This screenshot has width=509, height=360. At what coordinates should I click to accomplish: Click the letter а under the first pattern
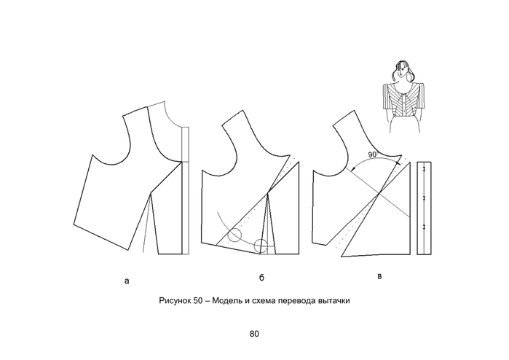(x=127, y=281)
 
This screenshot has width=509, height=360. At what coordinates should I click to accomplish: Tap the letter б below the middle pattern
(x=261, y=278)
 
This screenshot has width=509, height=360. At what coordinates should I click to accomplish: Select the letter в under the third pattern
(x=379, y=276)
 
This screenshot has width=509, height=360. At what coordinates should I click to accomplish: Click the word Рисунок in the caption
(x=175, y=300)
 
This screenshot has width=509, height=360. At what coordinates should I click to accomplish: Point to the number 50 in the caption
(x=198, y=300)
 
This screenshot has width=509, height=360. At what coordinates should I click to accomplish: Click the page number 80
(x=254, y=334)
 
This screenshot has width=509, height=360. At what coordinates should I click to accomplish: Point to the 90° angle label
(x=372, y=154)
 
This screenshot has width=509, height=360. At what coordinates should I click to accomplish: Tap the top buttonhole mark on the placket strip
(x=424, y=169)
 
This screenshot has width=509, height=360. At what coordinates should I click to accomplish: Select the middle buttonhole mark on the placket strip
(x=424, y=198)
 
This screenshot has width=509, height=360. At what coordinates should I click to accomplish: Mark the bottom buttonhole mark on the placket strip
(x=424, y=227)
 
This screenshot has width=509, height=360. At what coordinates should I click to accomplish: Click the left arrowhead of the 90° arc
(x=353, y=168)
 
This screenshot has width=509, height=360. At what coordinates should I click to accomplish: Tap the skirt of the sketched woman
(x=405, y=125)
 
